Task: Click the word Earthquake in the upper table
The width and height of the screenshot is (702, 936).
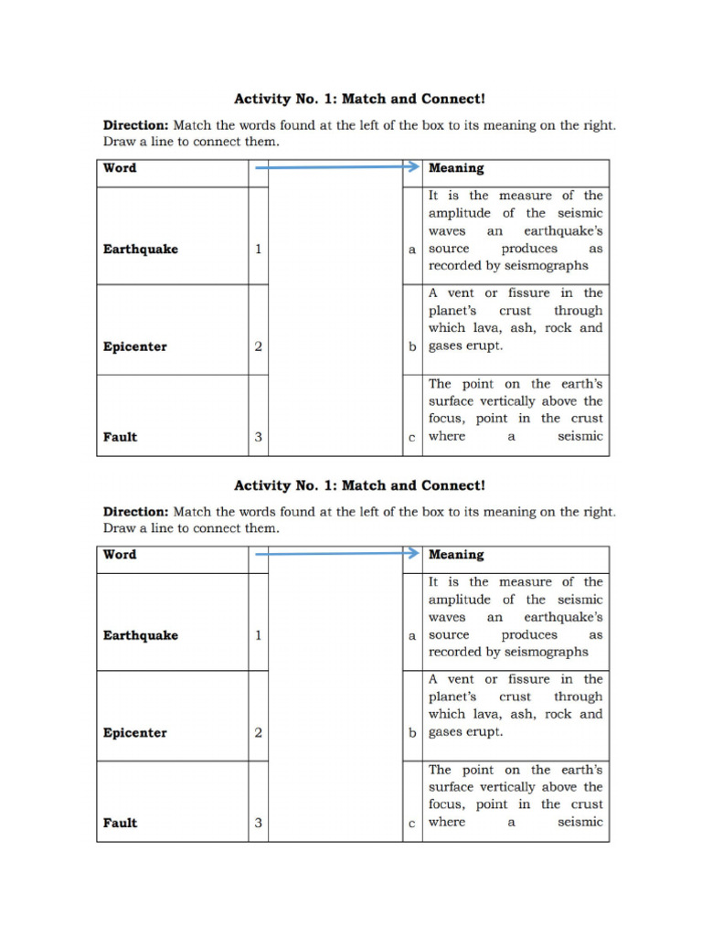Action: [141, 249]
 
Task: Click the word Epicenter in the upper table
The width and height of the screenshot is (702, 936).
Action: [135, 347]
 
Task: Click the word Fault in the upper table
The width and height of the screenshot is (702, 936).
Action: [120, 437]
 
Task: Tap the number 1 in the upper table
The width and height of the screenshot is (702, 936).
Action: [259, 249]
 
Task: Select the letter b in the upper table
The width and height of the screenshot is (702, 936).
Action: [412, 347]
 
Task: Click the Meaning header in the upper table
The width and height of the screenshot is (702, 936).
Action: [456, 168]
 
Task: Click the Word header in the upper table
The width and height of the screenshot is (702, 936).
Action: [120, 168]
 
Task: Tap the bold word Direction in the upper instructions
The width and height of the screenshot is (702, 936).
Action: [135, 125]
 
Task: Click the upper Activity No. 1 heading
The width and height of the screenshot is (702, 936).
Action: [359, 99]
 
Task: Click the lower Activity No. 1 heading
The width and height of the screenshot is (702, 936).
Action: [359, 485]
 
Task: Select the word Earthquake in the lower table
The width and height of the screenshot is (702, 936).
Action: [141, 635]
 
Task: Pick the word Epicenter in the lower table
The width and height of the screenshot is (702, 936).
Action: [135, 733]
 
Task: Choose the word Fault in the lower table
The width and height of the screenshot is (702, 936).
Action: [120, 823]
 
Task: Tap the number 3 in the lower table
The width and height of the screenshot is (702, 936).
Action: [259, 823]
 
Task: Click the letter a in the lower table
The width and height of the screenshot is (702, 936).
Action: [412, 635]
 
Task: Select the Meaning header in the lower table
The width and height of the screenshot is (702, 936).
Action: [456, 555]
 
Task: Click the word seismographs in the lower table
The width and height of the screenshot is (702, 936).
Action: [546, 653]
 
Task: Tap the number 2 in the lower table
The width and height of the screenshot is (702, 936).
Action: [259, 733]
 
